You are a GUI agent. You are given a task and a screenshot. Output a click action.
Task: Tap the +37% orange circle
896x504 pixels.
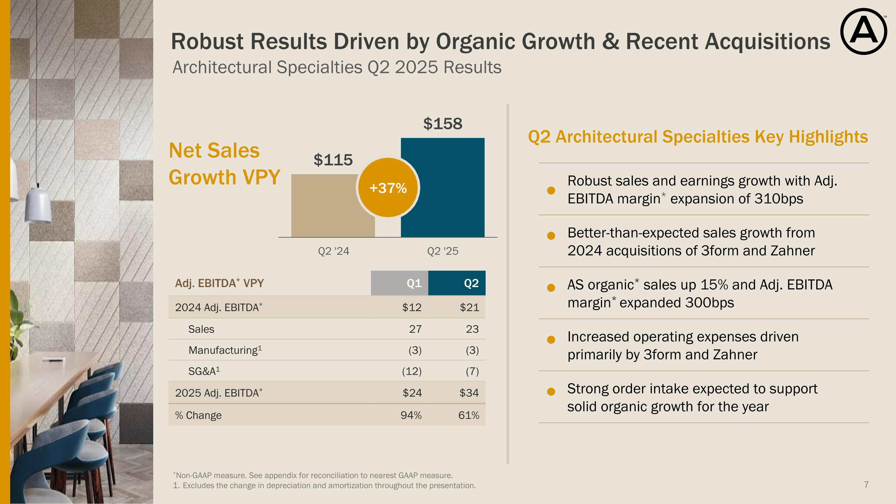click(x=388, y=188)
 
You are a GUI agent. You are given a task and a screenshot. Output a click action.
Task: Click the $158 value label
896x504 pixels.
click(x=442, y=124)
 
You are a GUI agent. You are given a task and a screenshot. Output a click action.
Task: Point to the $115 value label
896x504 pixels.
click(x=333, y=160)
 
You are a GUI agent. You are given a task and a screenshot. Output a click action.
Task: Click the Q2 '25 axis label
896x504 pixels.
click(x=442, y=251)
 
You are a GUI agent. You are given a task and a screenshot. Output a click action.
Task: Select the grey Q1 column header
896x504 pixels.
click(x=399, y=283)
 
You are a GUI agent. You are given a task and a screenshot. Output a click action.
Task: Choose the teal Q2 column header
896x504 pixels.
click(x=457, y=283)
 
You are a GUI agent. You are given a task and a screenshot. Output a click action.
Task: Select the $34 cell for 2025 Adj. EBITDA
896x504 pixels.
click(x=469, y=393)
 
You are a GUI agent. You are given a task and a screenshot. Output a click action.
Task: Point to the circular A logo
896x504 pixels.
click(x=863, y=32)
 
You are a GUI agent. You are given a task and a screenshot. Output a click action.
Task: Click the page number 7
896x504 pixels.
click(x=866, y=485)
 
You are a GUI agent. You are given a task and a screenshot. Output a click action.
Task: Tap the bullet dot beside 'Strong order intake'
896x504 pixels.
click(x=551, y=392)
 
